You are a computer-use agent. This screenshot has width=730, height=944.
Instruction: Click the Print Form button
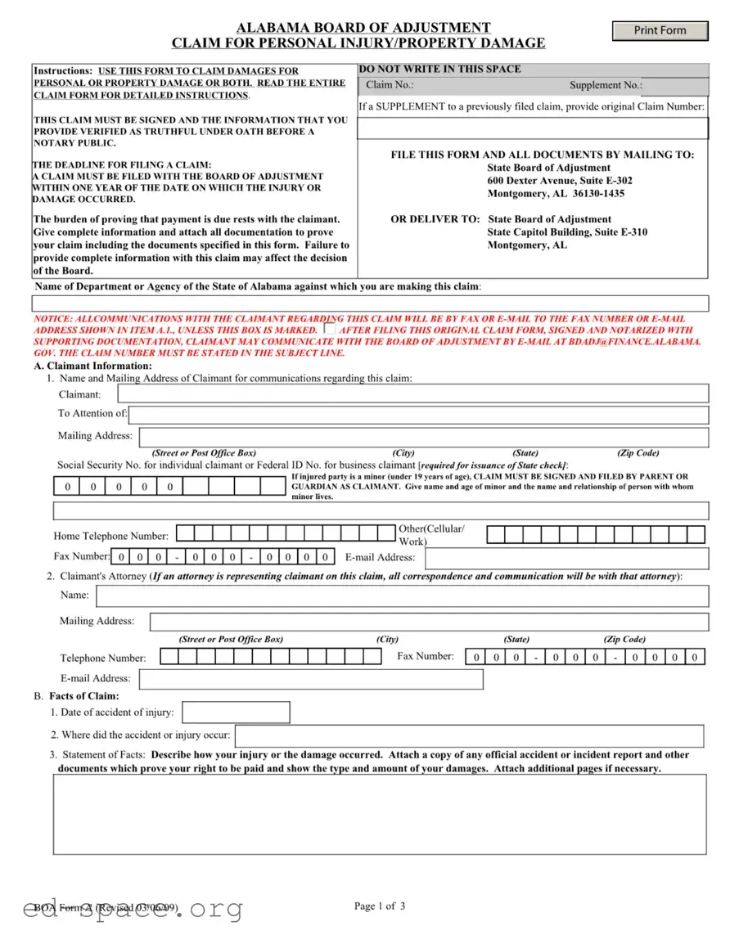pyautogui.click(x=660, y=30)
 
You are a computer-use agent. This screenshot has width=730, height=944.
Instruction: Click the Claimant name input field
pyautogui.click(x=413, y=393)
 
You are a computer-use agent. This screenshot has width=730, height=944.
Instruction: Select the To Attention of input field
pyautogui.click(x=418, y=414)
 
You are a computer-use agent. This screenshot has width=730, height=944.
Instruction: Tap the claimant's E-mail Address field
pyautogui.click(x=566, y=558)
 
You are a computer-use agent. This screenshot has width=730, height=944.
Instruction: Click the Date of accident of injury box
pyautogui.click(x=236, y=712)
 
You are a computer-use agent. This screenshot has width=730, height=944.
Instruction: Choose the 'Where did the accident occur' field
pyautogui.click(x=469, y=735)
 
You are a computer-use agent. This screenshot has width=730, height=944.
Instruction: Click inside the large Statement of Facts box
pyautogui.click(x=380, y=814)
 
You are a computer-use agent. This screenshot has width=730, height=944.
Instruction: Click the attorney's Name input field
pyautogui.click(x=402, y=596)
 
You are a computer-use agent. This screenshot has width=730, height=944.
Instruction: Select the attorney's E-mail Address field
pyautogui.click(x=311, y=679)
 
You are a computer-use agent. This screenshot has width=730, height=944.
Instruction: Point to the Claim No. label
pyautogui.click(x=390, y=85)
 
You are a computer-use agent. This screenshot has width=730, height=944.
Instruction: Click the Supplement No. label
pyautogui.click(x=606, y=85)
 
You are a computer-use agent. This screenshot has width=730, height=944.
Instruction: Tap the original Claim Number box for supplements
pyautogui.click(x=533, y=128)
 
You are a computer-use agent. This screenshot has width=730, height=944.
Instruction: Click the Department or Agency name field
pyautogui.click(x=370, y=303)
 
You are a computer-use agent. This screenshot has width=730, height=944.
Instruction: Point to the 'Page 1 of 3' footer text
pyautogui.click(x=379, y=906)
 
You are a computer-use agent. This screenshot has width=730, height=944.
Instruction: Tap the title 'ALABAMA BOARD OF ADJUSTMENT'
pyautogui.click(x=363, y=28)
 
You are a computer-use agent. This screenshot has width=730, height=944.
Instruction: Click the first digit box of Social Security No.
pyautogui.click(x=67, y=487)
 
